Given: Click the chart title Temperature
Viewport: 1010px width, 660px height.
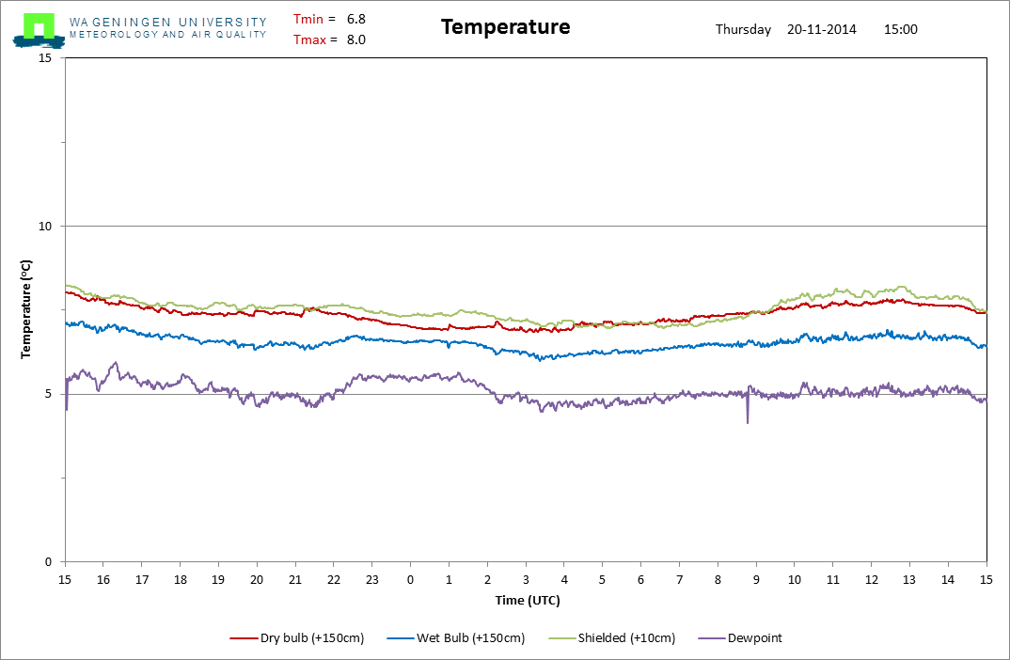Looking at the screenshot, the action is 506,27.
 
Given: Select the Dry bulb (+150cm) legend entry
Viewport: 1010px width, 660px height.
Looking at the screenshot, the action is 297,638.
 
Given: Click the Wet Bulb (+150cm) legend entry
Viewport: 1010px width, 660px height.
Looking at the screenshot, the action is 456,638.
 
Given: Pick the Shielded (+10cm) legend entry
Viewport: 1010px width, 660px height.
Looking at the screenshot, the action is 612,638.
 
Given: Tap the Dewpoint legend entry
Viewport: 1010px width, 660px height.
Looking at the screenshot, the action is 740,638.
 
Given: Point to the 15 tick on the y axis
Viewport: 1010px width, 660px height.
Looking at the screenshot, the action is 45,58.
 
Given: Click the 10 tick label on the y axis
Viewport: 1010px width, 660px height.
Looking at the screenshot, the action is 45,226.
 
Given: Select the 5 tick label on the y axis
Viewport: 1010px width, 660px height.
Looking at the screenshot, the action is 48,394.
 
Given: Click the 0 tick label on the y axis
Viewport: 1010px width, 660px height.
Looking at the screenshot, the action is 48,562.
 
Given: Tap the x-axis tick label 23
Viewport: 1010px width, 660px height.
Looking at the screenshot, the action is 372,579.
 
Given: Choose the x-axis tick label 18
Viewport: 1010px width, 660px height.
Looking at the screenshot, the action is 181,579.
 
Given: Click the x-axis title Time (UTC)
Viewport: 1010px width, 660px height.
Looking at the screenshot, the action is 528,601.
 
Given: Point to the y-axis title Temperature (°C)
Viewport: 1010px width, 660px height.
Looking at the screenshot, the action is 25,309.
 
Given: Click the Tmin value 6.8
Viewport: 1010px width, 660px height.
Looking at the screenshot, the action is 356,20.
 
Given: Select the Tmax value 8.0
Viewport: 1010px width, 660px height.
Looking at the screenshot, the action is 356,39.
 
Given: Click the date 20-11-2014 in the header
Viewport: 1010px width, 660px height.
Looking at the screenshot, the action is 822,29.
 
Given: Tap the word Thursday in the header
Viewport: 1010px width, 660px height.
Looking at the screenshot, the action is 743,30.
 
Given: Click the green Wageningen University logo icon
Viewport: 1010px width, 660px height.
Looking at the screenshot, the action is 39,30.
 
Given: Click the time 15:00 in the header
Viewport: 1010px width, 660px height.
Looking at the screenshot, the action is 901,29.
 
